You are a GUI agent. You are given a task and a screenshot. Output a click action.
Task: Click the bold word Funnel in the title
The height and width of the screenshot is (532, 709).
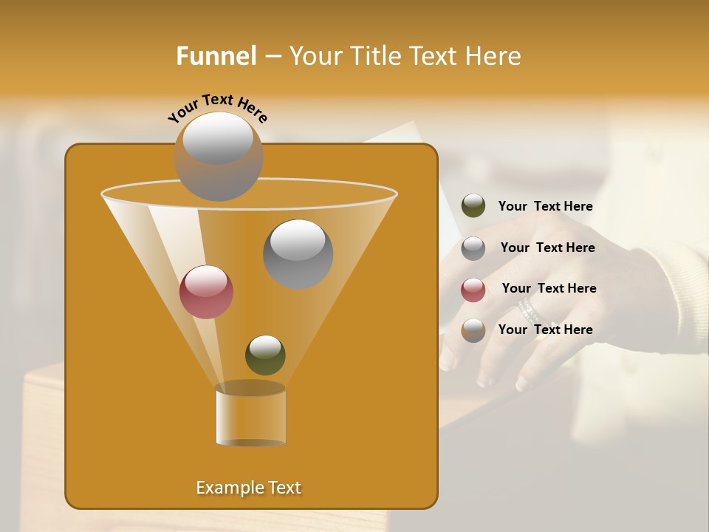coord(216,56)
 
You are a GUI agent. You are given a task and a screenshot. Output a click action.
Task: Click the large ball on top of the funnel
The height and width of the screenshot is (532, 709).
coord(218,156)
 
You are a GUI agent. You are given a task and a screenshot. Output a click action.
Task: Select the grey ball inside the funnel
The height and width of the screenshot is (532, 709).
coord(298,253)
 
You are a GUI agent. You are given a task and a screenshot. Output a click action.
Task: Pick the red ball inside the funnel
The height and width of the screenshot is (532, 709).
coord(206,292)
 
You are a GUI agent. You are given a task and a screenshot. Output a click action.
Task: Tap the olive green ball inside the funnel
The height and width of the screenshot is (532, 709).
coord(265,355)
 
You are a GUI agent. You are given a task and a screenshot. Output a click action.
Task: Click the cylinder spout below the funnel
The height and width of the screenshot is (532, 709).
coord(250,417)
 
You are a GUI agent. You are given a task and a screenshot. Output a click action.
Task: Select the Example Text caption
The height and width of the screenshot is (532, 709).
coord(248,488)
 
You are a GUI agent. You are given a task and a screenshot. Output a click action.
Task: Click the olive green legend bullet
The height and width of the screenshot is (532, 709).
coord(473,206)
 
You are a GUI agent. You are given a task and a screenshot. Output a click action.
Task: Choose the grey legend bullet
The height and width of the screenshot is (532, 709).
coord(473,248)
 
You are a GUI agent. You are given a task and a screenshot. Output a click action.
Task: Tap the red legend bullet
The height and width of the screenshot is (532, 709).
coord(473,290)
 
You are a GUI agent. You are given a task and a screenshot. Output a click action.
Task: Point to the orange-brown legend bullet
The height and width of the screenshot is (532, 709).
coord(473,330)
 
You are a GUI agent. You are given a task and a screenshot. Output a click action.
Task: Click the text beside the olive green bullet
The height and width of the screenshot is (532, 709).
coord(545,207)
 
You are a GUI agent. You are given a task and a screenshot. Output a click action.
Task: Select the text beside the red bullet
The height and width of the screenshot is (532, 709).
coord(549,288)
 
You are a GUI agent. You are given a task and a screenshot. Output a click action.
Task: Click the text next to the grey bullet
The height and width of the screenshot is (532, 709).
coord(547,248)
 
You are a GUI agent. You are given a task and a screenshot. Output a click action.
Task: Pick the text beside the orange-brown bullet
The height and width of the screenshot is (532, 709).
coord(545,330)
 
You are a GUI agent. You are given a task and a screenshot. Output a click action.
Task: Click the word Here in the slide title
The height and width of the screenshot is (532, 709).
coord(495,56)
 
